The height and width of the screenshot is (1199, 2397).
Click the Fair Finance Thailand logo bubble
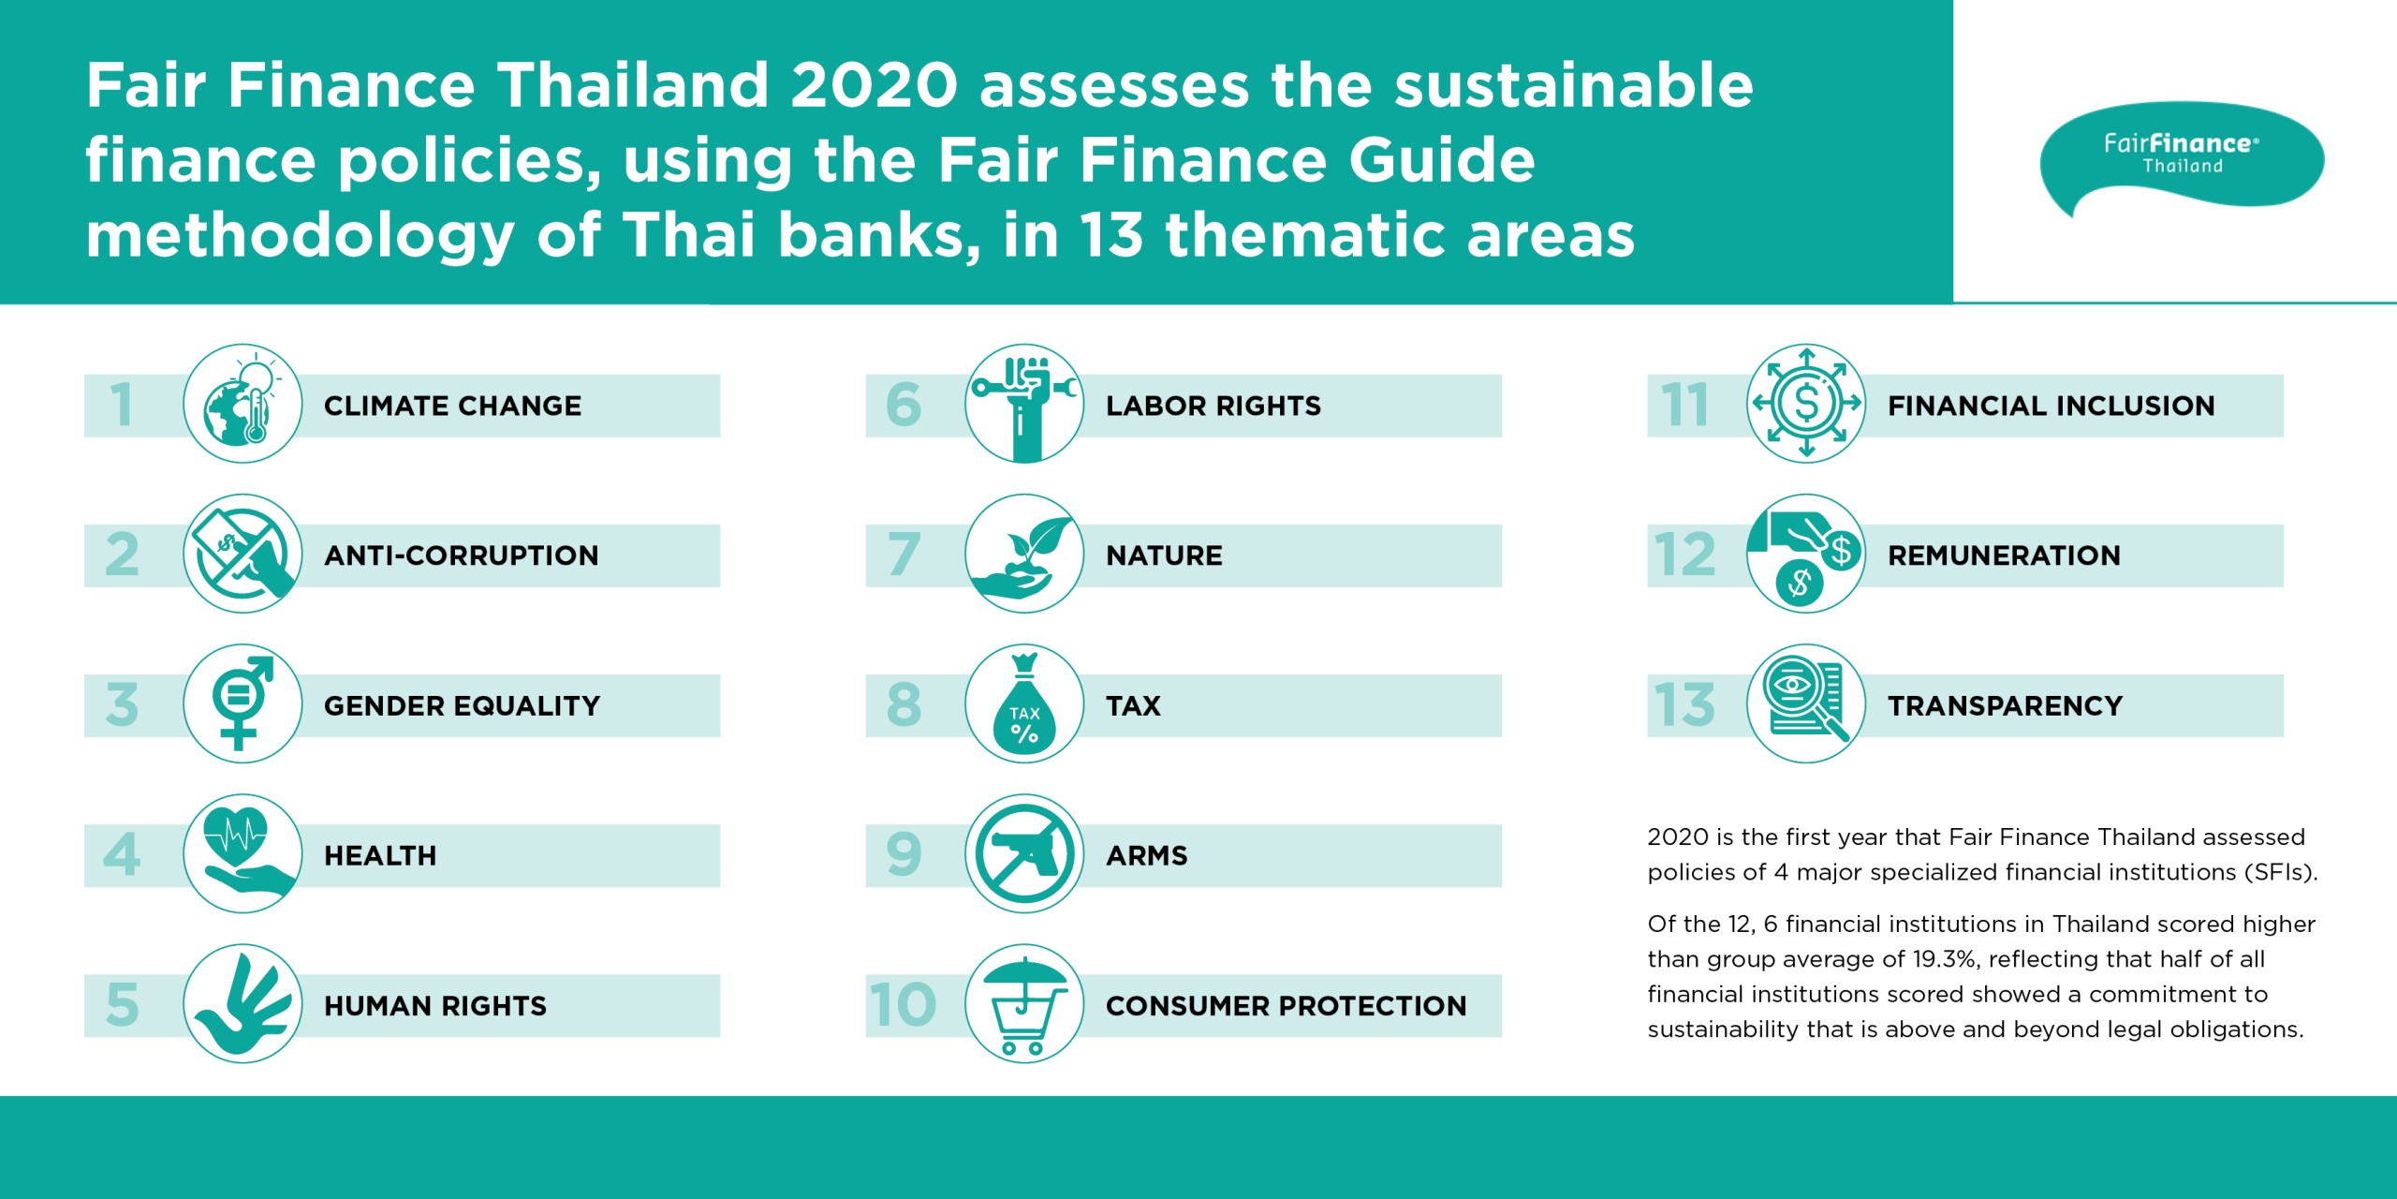2182,155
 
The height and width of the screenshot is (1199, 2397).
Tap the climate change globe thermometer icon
243,404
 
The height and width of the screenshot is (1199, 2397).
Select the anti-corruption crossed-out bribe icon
243,554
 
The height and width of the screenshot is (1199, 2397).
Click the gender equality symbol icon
243,703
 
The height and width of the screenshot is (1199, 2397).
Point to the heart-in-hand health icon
243,853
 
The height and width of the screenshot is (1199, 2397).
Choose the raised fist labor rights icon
1024,404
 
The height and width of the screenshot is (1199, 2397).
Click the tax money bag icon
1024,703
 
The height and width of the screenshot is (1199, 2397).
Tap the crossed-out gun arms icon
1024,853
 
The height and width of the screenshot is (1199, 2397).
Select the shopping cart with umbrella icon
1024,1003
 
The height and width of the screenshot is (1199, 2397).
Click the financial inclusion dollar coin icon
1806,404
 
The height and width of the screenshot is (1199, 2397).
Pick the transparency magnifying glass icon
1806,703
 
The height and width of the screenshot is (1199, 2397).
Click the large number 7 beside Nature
904,555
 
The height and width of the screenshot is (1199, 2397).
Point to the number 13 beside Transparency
1684,704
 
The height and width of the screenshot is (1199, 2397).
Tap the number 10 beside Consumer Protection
903,1004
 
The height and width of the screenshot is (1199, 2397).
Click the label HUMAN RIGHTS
435,1006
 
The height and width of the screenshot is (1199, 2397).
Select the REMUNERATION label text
2004,555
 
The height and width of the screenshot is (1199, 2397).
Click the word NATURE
1164,555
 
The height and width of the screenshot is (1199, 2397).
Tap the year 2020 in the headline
875,85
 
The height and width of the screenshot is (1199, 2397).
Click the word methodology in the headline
301,236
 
